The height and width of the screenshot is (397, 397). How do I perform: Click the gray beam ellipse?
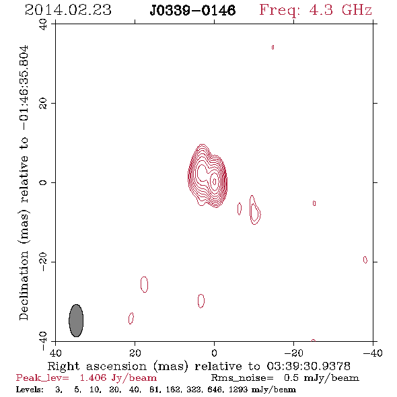click(x=76, y=320)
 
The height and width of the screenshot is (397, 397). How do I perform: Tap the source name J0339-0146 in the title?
click(x=192, y=11)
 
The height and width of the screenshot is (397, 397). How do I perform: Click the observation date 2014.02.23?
click(x=68, y=10)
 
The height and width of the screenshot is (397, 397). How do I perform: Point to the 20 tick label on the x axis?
click(x=135, y=353)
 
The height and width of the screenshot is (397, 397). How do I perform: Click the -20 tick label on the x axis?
click(x=293, y=353)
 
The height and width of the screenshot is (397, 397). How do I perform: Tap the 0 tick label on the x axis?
click(x=214, y=353)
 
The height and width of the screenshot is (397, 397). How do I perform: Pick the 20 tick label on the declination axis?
click(x=43, y=104)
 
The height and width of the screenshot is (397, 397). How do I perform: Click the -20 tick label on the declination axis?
click(x=43, y=262)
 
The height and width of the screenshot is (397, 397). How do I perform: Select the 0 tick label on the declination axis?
click(x=43, y=182)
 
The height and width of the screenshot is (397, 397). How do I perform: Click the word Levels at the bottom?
click(x=30, y=390)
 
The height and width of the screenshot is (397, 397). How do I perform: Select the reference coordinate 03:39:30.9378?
click(x=308, y=366)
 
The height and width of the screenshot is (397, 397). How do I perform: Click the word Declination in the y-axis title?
click(x=24, y=285)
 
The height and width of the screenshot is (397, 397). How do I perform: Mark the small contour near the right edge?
click(x=365, y=260)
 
